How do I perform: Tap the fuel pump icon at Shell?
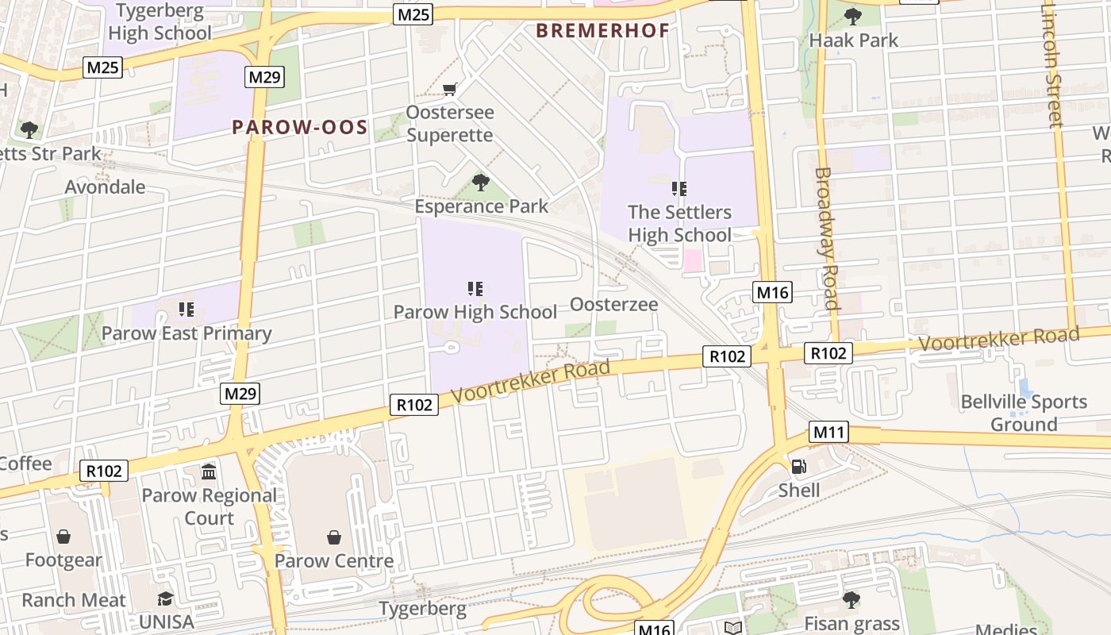pyautogui.click(x=798, y=467)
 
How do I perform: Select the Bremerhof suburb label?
pyautogui.click(x=602, y=31)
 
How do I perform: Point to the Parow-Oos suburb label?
pyautogui.click(x=300, y=127)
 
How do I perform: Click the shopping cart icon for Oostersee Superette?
pyautogui.click(x=449, y=89)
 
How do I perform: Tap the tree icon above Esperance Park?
pyautogui.click(x=480, y=183)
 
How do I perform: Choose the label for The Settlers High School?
pyautogui.click(x=680, y=224)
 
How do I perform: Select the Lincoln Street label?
pyautogui.click(x=1052, y=63)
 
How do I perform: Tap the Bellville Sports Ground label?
pyautogui.click(x=1024, y=413)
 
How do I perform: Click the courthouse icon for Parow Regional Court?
pyautogui.click(x=209, y=472)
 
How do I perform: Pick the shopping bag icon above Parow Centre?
pyautogui.click(x=334, y=537)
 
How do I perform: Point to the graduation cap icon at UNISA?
pyautogui.click(x=165, y=598)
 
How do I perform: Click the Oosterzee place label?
pyautogui.click(x=614, y=305)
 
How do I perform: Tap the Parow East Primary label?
pyautogui.click(x=186, y=333)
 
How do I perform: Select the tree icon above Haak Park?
pyautogui.click(x=853, y=16)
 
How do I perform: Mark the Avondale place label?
pyautogui.click(x=106, y=187)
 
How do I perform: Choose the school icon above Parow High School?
pyautogui.click(x=475, y=289)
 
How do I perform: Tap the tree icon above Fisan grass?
pyautogui.click(x=852, y=599)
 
